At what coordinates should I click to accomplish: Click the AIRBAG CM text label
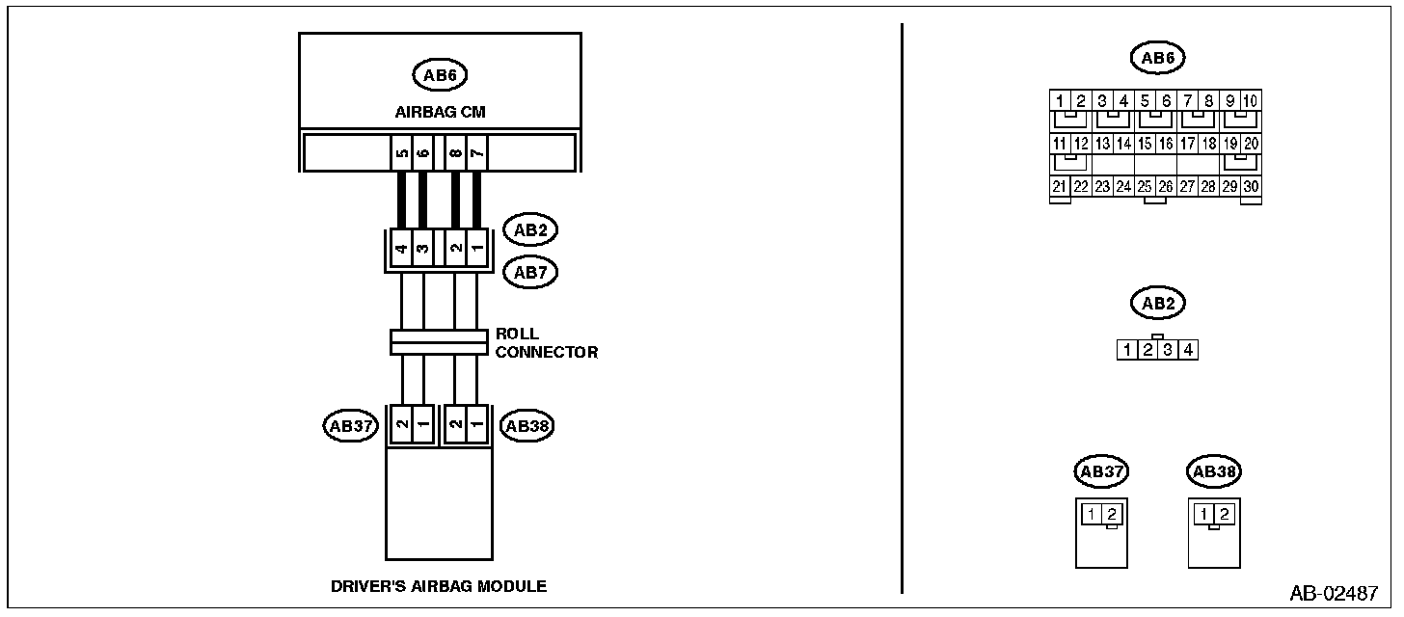(x=440, y=112)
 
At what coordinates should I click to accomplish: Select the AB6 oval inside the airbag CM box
(x=440, y=75)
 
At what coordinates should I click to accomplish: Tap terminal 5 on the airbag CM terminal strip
(x=402, y=153)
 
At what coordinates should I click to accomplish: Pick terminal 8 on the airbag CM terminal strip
(x=456, y=153)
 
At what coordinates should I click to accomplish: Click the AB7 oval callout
(x=530, y=273)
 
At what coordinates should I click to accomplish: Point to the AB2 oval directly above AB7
(x=530, y=229)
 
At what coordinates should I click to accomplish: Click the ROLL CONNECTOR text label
(x=547, y=342)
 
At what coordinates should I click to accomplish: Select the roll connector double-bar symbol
(x=439, y=342)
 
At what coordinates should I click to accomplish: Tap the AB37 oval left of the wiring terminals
(x=351, y=426)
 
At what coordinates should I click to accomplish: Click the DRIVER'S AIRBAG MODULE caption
(x=439, y=586)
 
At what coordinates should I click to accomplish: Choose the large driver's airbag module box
(x=439, y=503)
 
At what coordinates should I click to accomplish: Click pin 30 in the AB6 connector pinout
(x=1251, y=187)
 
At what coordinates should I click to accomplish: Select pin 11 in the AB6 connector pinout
(x=1060, y=144)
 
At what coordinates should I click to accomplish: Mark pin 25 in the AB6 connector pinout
(x=1146, y=187)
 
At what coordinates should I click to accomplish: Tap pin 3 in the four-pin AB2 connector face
(x=1168, y=350)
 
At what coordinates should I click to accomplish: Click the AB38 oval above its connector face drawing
(x=1214, y=471)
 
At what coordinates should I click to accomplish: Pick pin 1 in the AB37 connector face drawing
(x=1092, y=514)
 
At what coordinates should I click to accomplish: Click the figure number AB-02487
(x=1334, y=593)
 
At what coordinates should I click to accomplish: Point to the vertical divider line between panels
(x=902, y=308)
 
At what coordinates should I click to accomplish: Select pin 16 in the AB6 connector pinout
(x=1166, y=144)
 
